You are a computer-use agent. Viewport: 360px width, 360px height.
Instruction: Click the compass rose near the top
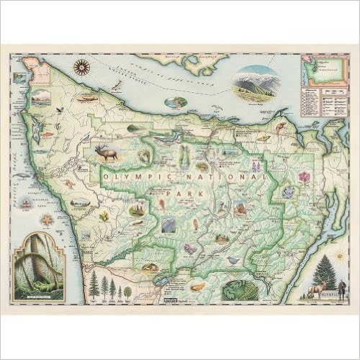coord(84,68)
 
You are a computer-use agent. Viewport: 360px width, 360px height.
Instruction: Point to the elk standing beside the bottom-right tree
coord(318,289)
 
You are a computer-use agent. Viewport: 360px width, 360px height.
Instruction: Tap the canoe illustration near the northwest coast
coord(85,97)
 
